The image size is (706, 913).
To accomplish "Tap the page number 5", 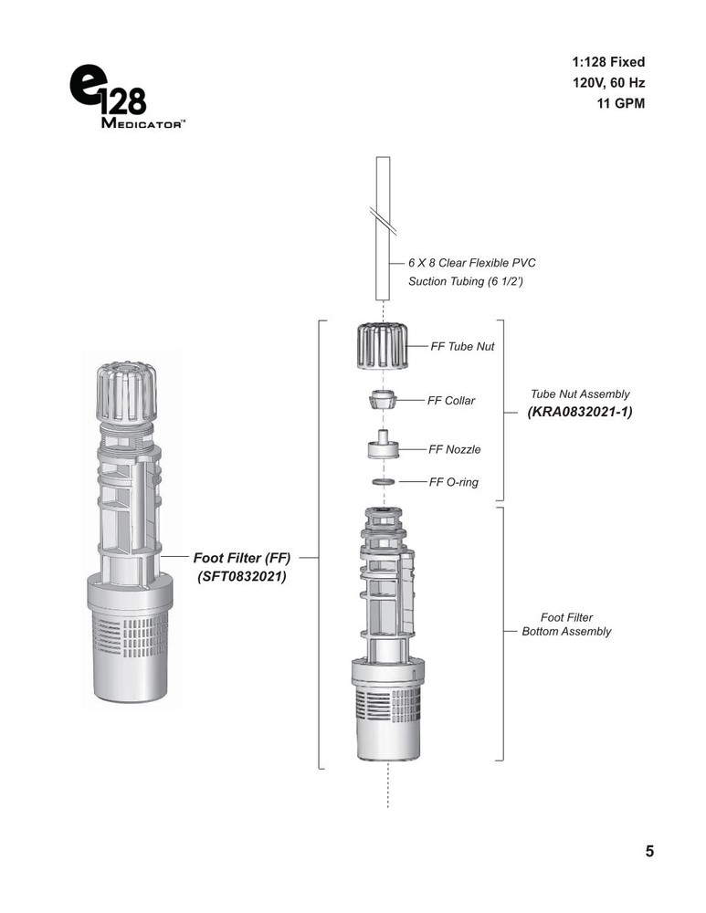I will coord(649,852).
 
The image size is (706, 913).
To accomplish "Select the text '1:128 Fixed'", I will coord(607,62).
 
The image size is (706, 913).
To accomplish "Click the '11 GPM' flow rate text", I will coord(619,103).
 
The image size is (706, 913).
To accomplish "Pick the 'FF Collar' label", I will coord(451,401).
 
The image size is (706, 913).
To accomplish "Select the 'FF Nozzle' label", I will coord(455,449).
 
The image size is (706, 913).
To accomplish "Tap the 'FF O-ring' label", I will coord(454,481).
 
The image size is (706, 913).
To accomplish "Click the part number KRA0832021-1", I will coord(579,412).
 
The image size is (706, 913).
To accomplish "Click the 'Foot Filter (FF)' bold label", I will coord(241,556).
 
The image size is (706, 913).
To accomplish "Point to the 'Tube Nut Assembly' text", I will coord(580,394).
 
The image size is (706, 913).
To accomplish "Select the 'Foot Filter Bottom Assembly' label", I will coord(566,624).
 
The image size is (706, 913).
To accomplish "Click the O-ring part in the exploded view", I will coord(385,481).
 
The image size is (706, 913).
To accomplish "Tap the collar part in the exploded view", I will coord(385,401).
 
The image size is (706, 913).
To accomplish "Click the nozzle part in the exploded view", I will coord(385,446).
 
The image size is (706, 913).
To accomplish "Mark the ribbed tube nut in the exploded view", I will coord(385,347).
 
